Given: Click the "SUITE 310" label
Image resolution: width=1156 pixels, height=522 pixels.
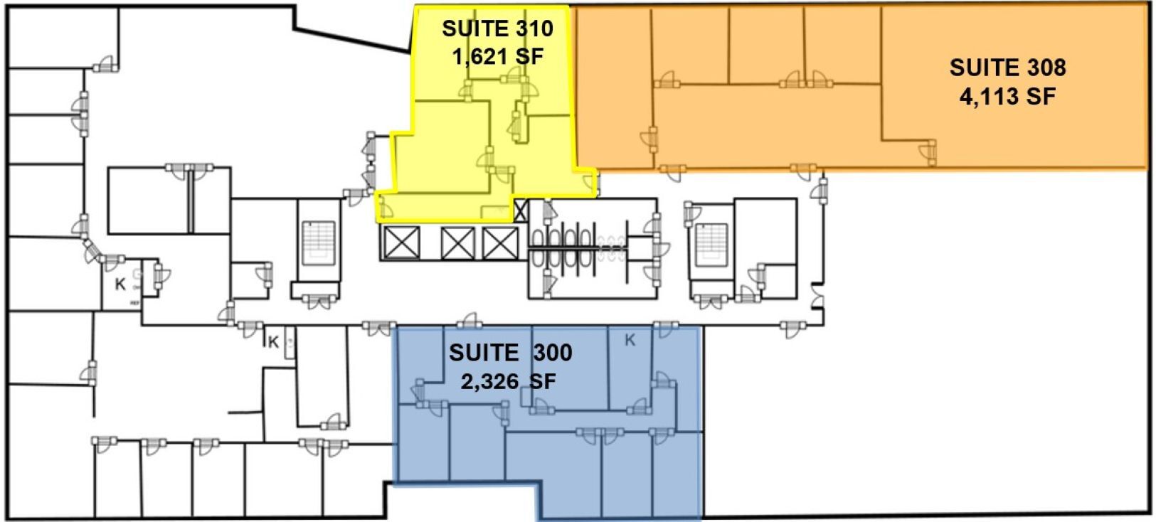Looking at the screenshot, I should pyautogui.click(x=497, y=28).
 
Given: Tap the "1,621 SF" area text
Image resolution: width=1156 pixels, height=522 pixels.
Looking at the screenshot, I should pyautogui.click(x=498, y=55).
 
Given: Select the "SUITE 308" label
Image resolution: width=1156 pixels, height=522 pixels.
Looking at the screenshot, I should pyautogui.click(x=1007, y=68).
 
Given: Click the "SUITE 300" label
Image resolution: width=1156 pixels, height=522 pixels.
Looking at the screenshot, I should pyautogui.click(x=510, y=353).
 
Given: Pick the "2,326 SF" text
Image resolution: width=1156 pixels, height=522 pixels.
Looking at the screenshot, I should pyautogui.click(x=508, y=381).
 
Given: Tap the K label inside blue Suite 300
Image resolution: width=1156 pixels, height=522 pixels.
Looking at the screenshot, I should pyautogui.click(x=630, y=341).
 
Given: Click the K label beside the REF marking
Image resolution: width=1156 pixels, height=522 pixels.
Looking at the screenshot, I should pyautogui.click(x=120, y=284).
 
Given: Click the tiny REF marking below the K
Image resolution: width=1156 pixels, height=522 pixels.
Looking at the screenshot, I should pyautogui.click(x=134, y=303).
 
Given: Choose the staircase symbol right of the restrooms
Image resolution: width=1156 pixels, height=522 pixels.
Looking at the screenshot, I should pyautogui.click(x=709, y=245).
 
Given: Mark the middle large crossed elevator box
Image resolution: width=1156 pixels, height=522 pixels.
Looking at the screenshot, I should pyautogui.click(x=457, y=243).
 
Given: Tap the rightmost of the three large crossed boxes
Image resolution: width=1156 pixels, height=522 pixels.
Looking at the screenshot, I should pyautogui.click(x=499, y=243).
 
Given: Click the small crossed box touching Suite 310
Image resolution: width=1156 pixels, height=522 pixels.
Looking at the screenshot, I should pyautogui.click(x=521, y=211).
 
